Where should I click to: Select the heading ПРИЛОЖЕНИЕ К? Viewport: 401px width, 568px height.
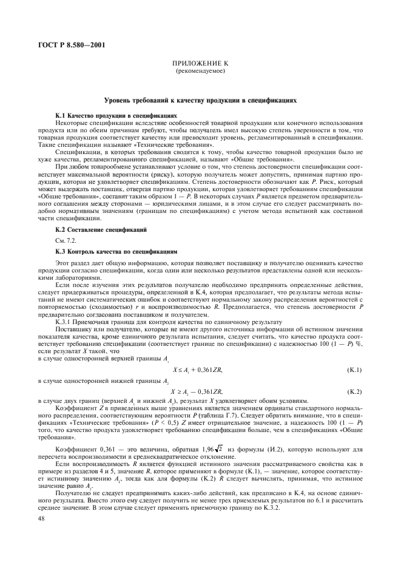(x=200, y=64)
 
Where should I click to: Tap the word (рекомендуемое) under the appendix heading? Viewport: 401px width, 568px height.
(x=200, y=72)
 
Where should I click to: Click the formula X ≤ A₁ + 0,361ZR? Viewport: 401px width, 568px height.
(x=198, y=369)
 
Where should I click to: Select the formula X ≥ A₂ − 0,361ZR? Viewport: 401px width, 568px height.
(x=198, y=392)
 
